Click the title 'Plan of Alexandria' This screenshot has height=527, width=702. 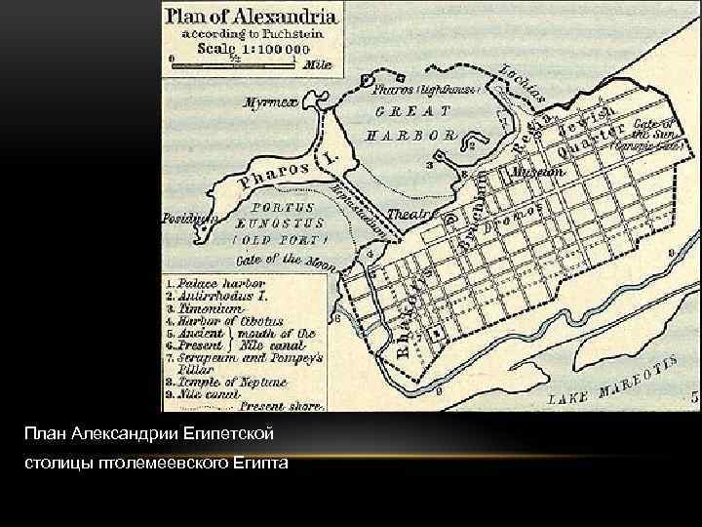point(252,16)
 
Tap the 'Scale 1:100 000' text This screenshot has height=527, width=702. point(253,47)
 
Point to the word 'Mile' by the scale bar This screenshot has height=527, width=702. point(318,65)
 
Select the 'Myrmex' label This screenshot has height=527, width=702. point(266,101)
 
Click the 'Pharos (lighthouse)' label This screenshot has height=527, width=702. point(426,89)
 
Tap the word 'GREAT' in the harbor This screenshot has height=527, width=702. point(412,111)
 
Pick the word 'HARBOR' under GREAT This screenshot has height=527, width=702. point(410,136)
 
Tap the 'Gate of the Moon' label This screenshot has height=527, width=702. point(286,261)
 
